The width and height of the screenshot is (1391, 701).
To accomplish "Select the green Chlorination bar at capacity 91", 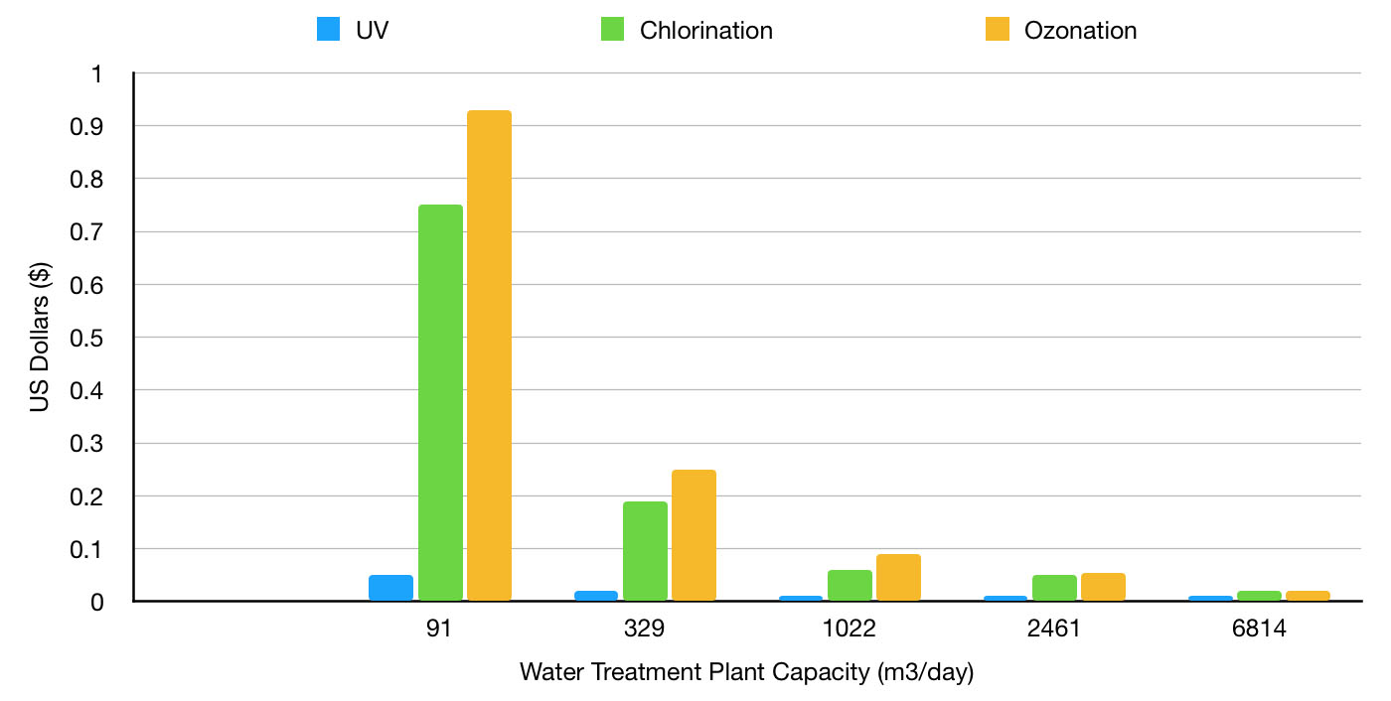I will pyautogui.click(x=440, y=402).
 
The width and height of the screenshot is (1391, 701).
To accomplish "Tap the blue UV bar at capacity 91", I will pyautogui.click(x=390, y=588).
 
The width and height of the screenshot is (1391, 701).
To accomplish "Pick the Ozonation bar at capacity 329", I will pyautogui.click(x=694, y=535).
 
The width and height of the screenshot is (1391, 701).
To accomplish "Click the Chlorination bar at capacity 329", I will pyautogui.click(x=645, y=551).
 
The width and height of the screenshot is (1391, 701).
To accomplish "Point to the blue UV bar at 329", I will pyautogui.click(x=595, y=596).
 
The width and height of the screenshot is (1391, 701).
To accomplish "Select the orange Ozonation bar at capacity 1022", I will pyautogui.click(x=898, y=577).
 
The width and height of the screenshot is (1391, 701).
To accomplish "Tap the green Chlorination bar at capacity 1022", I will pyautogui.click(x=850, y=585).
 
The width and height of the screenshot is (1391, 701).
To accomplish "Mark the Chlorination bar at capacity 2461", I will pyautogui.click(x=1054, y=588).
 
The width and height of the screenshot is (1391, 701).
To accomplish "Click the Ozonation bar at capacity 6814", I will pyautogui.click(x=1308, y=596).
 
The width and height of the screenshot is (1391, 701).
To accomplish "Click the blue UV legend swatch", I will pyautogui.click(x=328, y=30).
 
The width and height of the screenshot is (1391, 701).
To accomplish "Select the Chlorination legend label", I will pyautogui.click(x=705, y=30).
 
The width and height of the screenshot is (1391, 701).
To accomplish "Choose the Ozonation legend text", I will pyautogui.click(x=1080, y=30).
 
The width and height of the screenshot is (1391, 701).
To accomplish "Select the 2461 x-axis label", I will pyautogui.click(x=1054, y=631).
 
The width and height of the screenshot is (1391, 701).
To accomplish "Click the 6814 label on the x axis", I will pyautogui.click(x=1259, y=631).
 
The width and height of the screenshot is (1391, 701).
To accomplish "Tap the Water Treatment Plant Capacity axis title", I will pyautogui.click(x=746, y=672).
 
